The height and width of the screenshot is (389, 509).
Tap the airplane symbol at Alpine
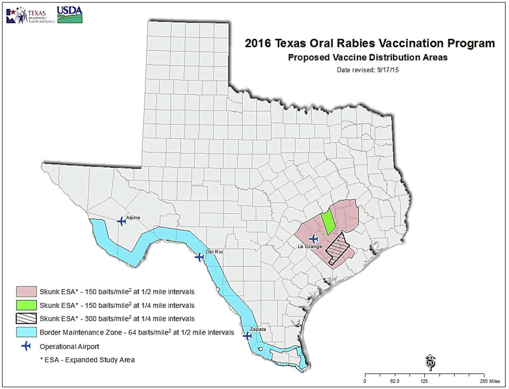[121, 221]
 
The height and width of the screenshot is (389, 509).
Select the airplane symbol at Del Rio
[199, 257]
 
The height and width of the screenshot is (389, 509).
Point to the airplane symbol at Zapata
[247, 336]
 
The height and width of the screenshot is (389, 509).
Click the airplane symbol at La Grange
[314, 239]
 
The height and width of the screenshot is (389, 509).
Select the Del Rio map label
[215, 252]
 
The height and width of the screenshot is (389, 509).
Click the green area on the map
[327, 221]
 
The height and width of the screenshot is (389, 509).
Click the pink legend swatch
[26, 292]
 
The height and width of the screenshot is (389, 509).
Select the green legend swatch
[26, 305]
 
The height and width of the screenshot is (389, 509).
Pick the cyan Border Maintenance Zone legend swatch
[26, 333]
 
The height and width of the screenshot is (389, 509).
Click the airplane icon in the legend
[26, 347]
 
